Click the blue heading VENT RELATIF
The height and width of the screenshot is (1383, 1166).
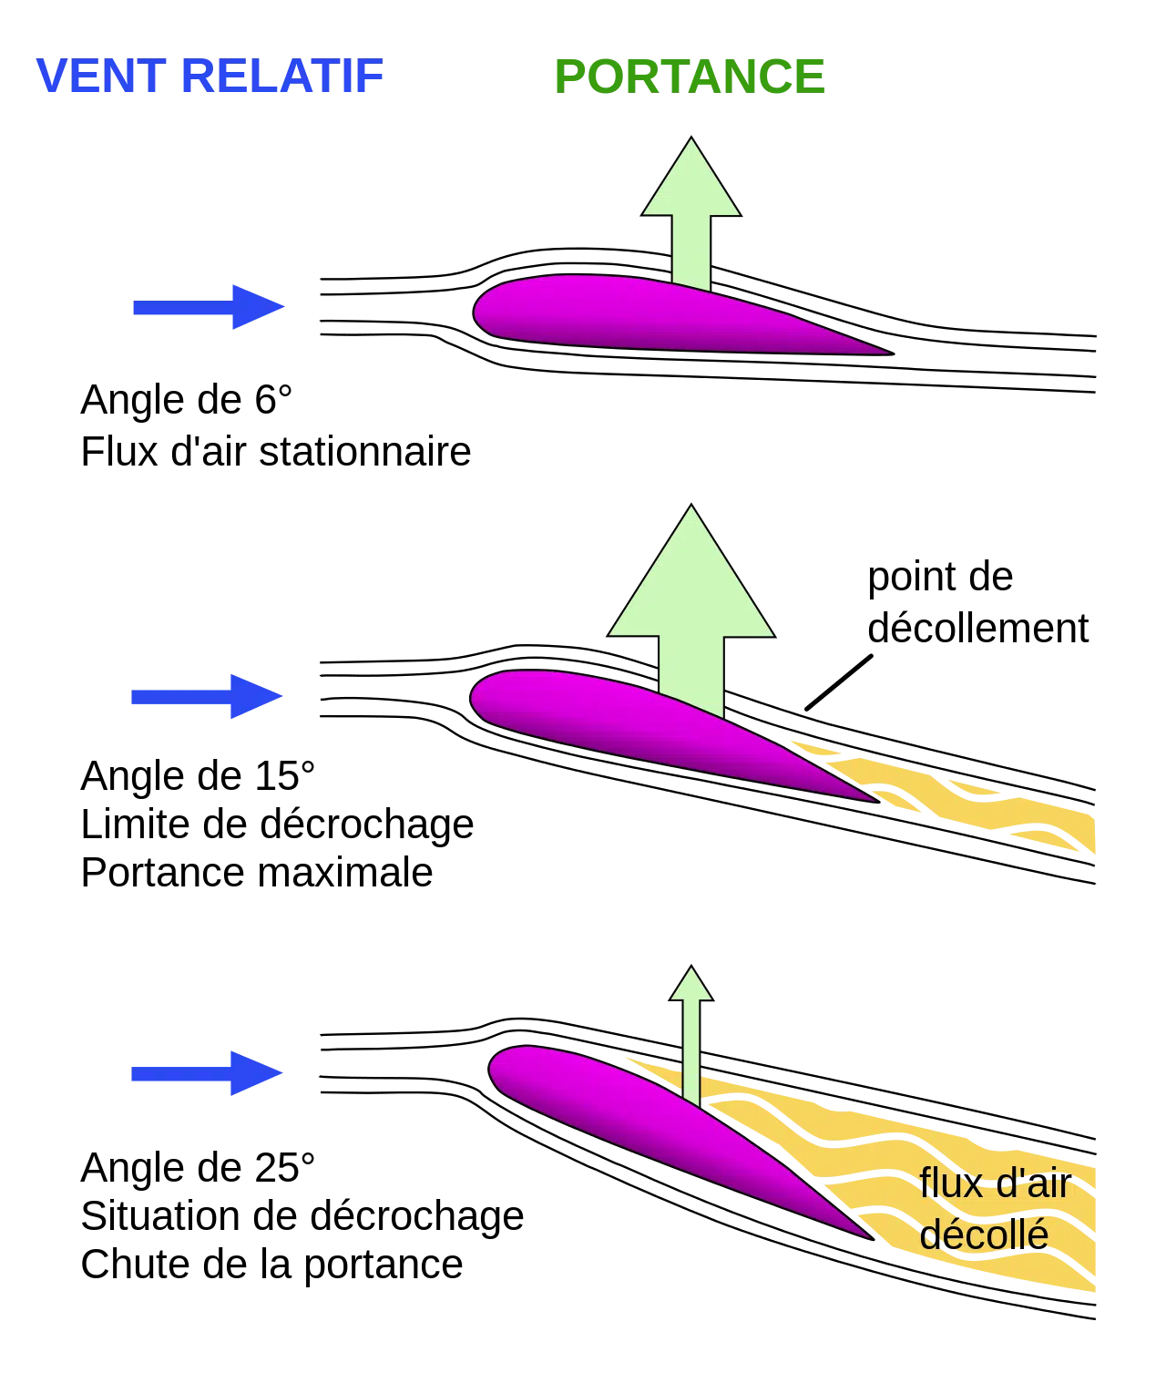[x=210, y=76]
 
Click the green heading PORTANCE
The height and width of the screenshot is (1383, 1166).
[x=690, y=77]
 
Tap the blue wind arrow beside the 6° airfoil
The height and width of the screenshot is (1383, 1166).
[x=209, y=307]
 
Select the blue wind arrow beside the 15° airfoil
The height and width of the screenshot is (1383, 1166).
[x=207, y=696]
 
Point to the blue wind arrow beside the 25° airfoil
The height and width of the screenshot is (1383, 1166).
[x=207, y=1073]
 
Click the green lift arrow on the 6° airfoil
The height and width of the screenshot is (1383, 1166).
[x=691, y=214]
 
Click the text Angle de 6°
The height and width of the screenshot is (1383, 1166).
[x=186, y=401]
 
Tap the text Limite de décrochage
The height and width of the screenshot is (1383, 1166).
[x=277, y=825]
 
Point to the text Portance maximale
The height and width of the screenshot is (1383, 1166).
[x=256, y=872]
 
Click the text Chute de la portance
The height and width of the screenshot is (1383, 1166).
[x=271, y=1265]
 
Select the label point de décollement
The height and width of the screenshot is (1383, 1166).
[x=977, y=602]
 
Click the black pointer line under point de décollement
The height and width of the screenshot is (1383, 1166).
[x=839, y=683]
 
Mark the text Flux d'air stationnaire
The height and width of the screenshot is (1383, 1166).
[x=276, y=453]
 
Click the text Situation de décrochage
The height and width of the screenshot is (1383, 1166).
[x=302, y=1217]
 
